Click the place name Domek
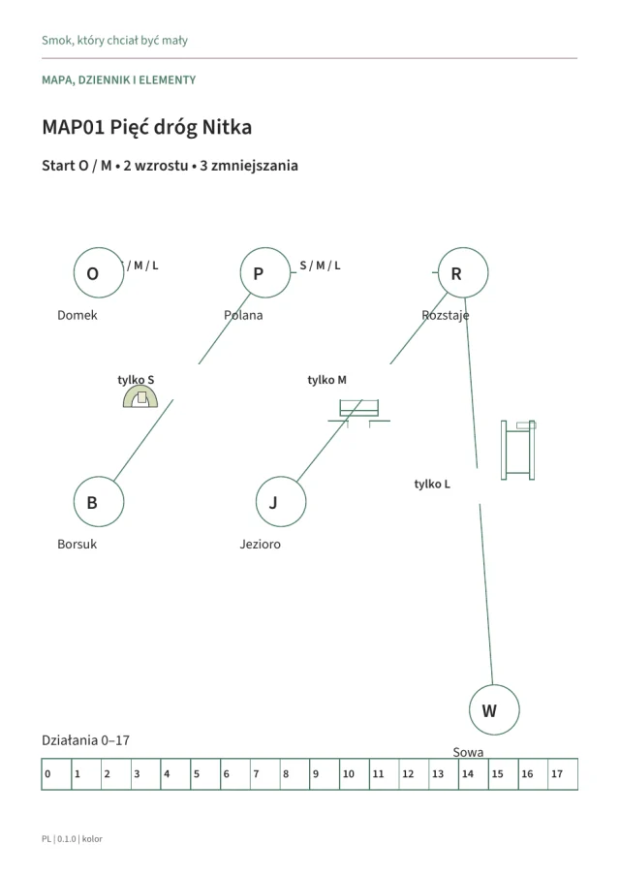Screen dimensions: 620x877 click(77, 316)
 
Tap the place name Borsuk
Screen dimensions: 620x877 click(77, 545)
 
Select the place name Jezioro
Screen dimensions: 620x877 click(260, 545)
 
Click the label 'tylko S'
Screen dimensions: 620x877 click(136, 380)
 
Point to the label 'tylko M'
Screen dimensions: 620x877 click(327, 380)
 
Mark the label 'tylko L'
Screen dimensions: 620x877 click(432, 484)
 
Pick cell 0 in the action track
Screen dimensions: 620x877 click(56, 774)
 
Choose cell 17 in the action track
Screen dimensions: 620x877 click(563, 774)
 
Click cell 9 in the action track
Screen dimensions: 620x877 click(325, 774)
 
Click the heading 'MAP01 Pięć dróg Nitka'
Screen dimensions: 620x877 click(147, 128)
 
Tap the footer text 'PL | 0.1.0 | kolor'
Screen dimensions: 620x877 click(72, 839)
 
